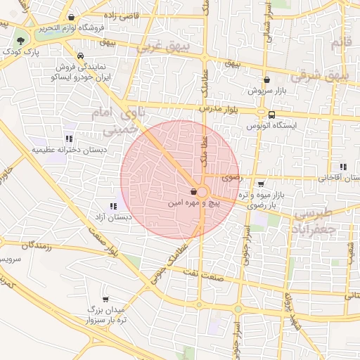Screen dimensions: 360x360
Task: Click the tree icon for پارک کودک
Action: point(22,41)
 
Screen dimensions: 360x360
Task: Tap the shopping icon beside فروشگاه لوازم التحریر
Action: point(73,17)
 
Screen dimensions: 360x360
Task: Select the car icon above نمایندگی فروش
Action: point(80,56)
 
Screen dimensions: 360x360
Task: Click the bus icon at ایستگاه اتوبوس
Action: point(271,114)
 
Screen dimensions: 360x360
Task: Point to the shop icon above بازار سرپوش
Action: point(266,80)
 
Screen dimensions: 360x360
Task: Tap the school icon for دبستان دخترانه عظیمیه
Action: point(69,139)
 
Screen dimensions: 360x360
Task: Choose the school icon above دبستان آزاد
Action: point(113,205)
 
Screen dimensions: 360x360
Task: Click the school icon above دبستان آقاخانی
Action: point(342,167)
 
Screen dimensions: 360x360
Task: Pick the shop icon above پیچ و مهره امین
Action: point(193,191)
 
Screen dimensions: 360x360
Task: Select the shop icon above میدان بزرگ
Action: point(105,298)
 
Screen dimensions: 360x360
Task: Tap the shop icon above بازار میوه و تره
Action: point(261,184)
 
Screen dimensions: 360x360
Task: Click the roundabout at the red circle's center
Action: point(202,192)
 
